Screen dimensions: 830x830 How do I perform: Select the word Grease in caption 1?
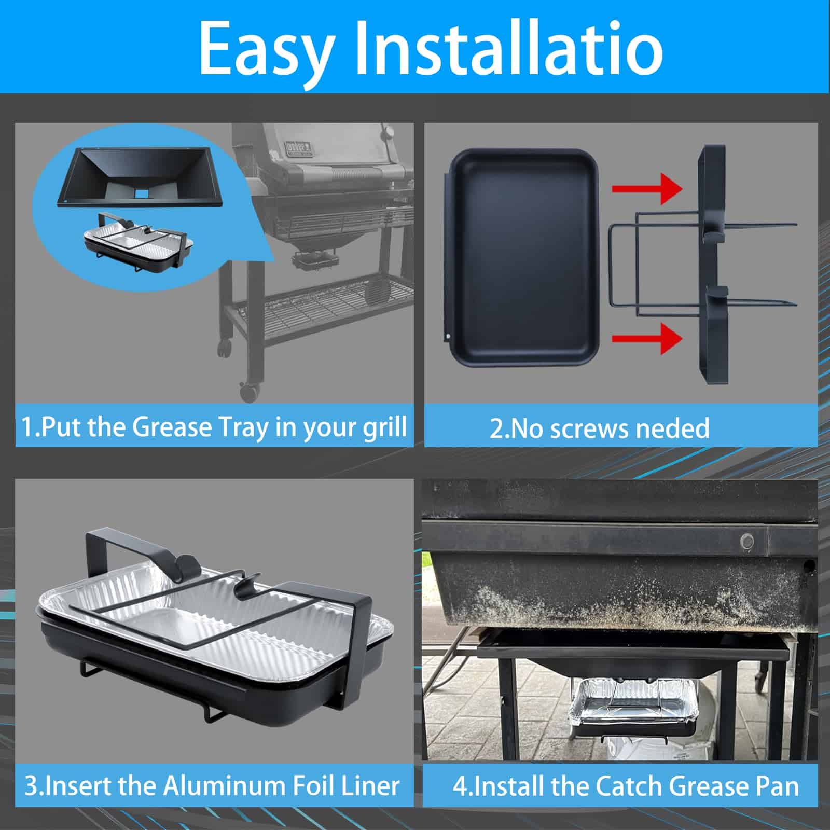pos(169,427)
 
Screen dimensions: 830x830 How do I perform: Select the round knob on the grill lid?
pos(388,133)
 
